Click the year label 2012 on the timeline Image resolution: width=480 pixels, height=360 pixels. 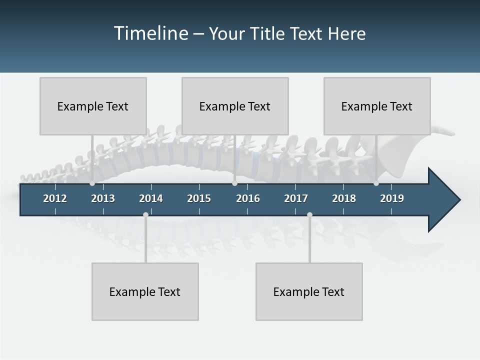click(x=55, y=198)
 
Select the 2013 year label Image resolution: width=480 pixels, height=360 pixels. click(x=103, y=198)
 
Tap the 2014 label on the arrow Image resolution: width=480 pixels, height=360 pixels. click(x=151, y=198)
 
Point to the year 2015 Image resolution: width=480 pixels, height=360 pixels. click(x=199, y=198)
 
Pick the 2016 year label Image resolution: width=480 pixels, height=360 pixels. click(x=248, y=198)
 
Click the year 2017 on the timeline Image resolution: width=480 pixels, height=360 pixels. click(x=296, y=198)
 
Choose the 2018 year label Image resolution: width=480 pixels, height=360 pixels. click(x=344, y=198)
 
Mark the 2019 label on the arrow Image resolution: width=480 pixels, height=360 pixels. click(x=392, y=198)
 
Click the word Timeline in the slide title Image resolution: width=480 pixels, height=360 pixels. click(x=150, y=33)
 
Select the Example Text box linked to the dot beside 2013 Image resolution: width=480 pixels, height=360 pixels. click(x=93, y=106)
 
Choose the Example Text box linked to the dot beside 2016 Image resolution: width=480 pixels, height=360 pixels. click(x=235, y=106)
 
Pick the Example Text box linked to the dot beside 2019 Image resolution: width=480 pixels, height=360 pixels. click(x=377, y=106)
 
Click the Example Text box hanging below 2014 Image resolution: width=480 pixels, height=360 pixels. click(x=145, y=291)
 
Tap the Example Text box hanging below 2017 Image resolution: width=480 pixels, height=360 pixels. click(x=309, y=291)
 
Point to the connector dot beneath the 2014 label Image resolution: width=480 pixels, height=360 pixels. click(x=145, y=214)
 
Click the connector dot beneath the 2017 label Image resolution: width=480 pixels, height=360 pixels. click(x=309, y=214)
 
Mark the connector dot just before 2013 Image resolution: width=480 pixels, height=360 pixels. click(x=92, y=183)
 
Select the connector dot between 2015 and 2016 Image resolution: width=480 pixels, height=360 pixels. click(x=234, y=183)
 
